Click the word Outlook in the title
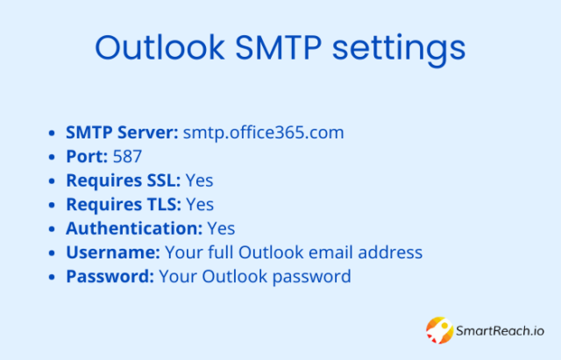(160, 47)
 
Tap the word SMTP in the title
(279, 47)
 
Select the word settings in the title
(399, 50)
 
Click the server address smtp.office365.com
(263, 132)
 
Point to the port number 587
(127, 156)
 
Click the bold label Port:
(87, 156)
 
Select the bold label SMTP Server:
(122, 132)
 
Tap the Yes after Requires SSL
(199, 180)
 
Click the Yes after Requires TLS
(200, 204)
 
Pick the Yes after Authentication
(221, 228)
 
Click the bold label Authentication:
(134, 228)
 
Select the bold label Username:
(113, 252)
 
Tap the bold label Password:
(110, 276)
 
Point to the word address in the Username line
(390, 252)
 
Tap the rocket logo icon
(440, 330)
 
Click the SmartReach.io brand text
(500, 331)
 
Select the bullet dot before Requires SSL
(52, 181)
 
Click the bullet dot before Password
(52, 277)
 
